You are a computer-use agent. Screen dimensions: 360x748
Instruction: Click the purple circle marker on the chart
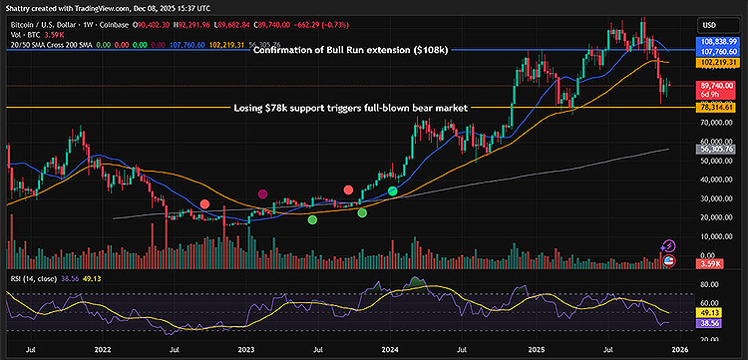pos(262,194)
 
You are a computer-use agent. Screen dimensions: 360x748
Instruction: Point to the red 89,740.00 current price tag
pos(716,86)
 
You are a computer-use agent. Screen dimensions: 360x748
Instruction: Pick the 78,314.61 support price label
pos(716,107)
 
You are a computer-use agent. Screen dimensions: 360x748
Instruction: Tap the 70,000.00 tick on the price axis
pos(716,122)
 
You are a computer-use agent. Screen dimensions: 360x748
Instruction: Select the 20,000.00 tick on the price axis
pos(716,216)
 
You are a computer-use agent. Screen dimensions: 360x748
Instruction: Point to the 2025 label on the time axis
pos(537,350)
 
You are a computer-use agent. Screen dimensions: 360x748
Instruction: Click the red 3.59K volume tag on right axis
pos(709,265)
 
